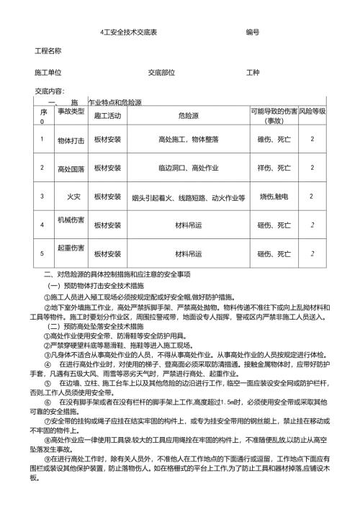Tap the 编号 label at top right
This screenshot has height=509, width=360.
click(x=253, y=33)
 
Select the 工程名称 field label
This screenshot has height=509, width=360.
click(x=48, y=52)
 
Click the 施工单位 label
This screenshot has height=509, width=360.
click(x=48, y=73)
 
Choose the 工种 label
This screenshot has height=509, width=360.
click(x=253, y=73)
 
